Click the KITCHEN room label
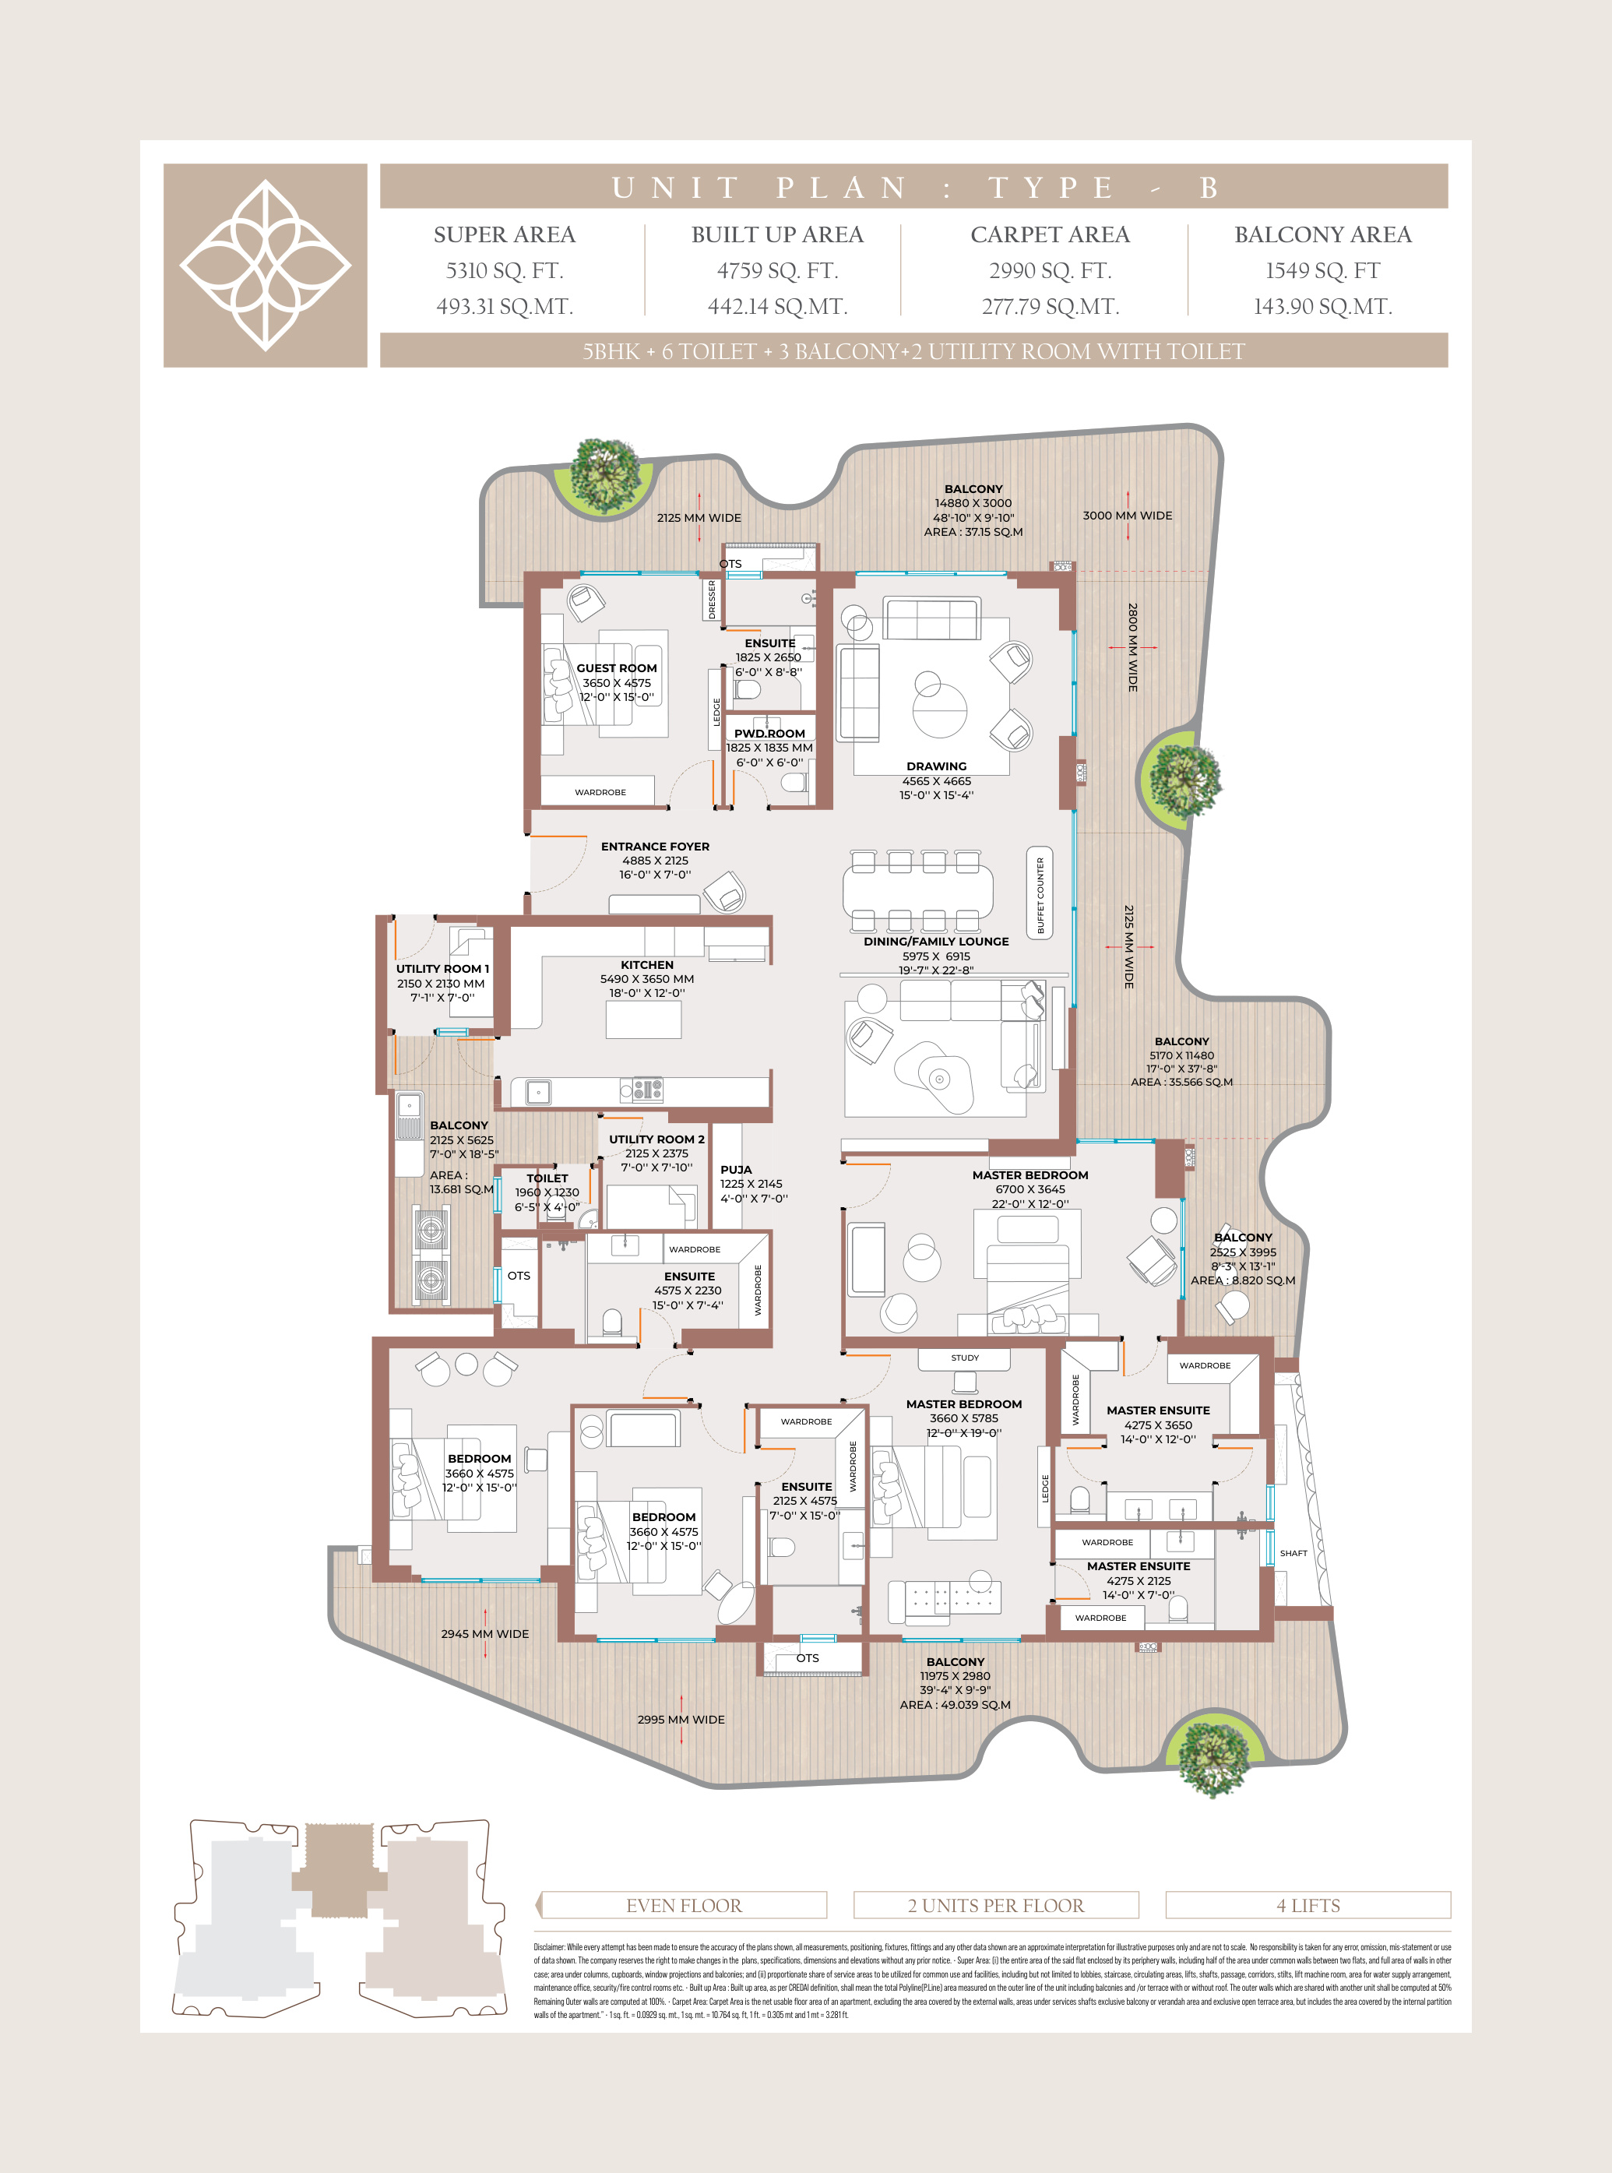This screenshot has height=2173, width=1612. (x=647, y=965)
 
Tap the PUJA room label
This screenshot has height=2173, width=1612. (x=736, y=1169)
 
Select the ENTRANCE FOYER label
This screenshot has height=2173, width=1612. (x=655, y=847)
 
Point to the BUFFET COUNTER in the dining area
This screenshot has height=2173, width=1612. (x=1040, y=895)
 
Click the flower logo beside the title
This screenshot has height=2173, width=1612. (x=266, y=266)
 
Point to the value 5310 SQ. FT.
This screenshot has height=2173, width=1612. (x=505, y=271)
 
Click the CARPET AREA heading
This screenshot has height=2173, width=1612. (x=1050, y=235)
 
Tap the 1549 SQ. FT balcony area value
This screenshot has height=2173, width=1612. (x=1322, y=271)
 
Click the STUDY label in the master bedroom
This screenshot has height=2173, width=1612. (x=964, y=1358)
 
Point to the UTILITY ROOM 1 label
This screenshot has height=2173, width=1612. (x=442, y=969)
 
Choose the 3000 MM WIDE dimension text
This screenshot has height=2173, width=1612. (x=1127, y=515)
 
